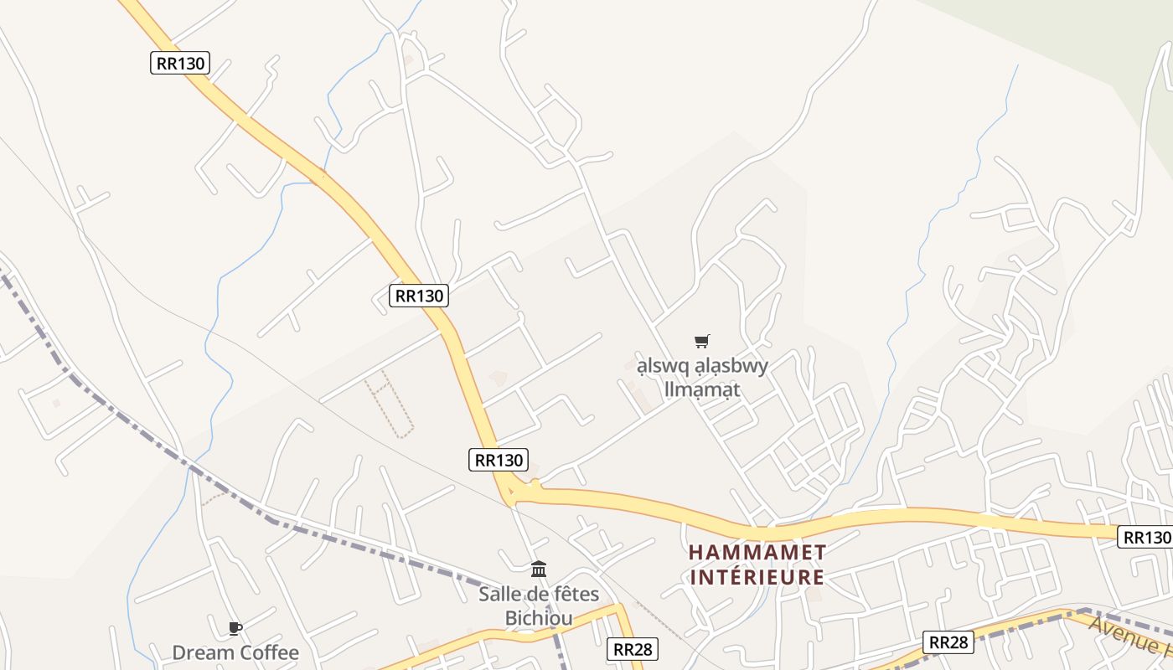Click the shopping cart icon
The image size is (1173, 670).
point(702,341)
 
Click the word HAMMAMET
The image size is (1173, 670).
point(757,553)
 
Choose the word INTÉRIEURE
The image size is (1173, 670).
point(757,577)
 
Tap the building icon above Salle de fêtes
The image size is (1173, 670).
point(539,569)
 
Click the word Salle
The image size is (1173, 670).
point(501,595)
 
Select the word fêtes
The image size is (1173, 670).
point(576,595)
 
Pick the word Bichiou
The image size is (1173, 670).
point(539,618)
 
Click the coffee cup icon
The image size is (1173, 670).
point(235,628)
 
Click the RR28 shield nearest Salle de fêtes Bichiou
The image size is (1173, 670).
point(633,648)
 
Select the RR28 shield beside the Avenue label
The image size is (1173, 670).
point(949,642)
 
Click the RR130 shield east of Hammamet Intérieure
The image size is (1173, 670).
point(1145,538)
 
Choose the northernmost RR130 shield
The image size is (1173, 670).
point(180,63)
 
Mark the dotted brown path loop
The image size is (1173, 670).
point(390,404)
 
